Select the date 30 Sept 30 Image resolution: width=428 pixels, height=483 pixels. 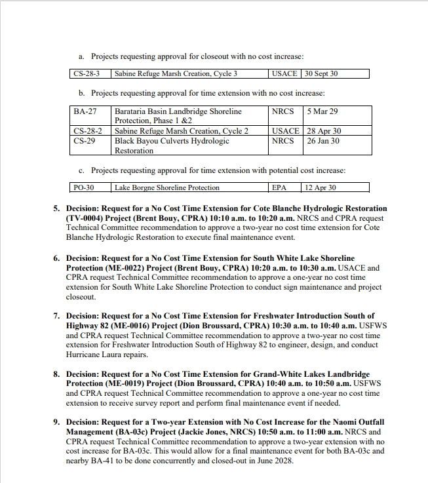tap(321, 74)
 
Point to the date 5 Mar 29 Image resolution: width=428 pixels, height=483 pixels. tap(322, 111)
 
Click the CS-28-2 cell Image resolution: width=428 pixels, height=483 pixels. tap(87, 131)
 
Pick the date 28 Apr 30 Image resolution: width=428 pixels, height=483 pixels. tap(324, 131)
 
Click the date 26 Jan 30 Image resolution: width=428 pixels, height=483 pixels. tap(323, 141)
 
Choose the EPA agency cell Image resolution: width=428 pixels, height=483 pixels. tap(279, 187)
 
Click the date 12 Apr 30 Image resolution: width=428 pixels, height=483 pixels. tap(321, 187)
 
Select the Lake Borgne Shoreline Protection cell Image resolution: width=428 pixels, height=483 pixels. tap(167, 187)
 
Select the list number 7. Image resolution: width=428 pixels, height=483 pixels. tap(56, 316)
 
